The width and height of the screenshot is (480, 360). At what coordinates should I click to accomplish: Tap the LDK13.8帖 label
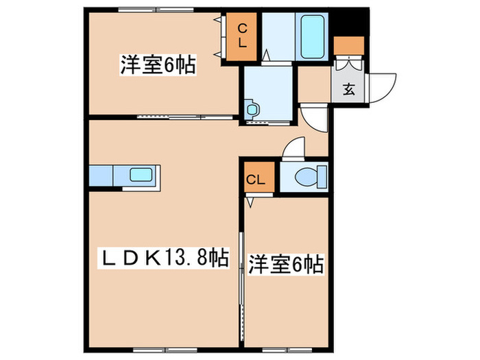161,259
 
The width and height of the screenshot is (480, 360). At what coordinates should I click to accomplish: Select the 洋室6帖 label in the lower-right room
286,263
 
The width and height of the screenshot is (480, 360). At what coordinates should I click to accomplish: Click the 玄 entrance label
349,88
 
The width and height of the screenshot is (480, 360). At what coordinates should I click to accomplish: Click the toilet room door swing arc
295,147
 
